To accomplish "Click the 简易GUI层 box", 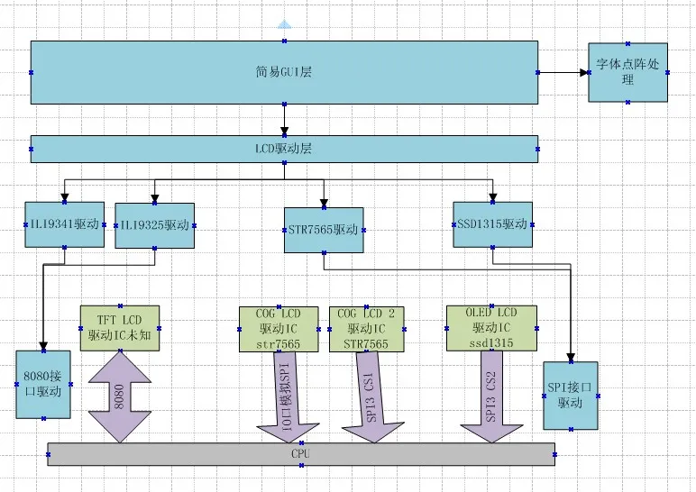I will point(284,71).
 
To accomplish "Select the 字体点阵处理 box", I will point(627,71).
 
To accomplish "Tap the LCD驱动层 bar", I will point(284,149).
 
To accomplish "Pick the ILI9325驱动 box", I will point(154,225).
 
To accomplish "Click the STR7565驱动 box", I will point(322,228).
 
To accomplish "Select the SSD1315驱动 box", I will point(492,223).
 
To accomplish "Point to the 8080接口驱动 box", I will point(42,384).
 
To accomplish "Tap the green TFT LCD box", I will point(120,328).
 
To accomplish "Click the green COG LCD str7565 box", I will point(279,328).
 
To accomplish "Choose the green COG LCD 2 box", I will point(366,328).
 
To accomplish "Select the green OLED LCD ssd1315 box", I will point(491,328).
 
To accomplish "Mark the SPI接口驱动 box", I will point(571,395).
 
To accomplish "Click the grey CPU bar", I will point(300,454).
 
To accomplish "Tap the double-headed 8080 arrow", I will point(119,396).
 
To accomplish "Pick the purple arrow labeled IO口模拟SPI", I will point(284,396).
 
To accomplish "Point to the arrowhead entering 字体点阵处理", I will point(582,71).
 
